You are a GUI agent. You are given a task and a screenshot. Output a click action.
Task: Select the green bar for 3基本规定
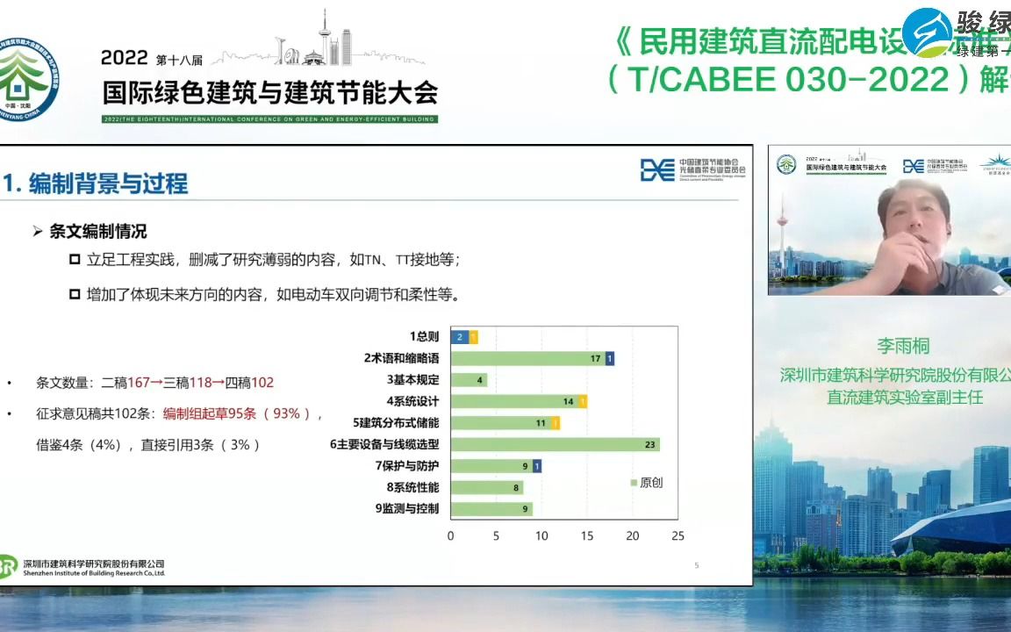click(x=468, y=380)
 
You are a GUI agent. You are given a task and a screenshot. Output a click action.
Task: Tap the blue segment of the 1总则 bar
click(x=459, y=337)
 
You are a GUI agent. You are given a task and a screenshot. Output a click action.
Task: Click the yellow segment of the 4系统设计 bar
click(x=583, y=401)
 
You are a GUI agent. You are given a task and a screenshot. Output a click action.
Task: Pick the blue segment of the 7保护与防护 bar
click(x=536, y=466)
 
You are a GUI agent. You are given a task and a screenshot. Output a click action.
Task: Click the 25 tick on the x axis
click(x=677, y=535)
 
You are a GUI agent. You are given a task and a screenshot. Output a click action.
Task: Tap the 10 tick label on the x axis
click(x=541, y=535)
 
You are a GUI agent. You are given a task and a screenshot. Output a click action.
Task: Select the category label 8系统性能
click(x=412, y=487)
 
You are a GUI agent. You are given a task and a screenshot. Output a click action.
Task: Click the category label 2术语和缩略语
click(x=401, y=358)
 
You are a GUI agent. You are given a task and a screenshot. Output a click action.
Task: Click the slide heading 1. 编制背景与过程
click(x=96, y=183)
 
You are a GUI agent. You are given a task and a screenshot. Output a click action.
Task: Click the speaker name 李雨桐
click(x=903, y=346)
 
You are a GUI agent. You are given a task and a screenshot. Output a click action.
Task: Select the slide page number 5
click(x=697, y=565)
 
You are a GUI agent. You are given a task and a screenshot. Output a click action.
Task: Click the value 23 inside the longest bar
click(x=649, y=444)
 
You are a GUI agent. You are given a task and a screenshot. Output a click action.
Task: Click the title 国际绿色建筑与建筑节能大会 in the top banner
click(x=269, y=92)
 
